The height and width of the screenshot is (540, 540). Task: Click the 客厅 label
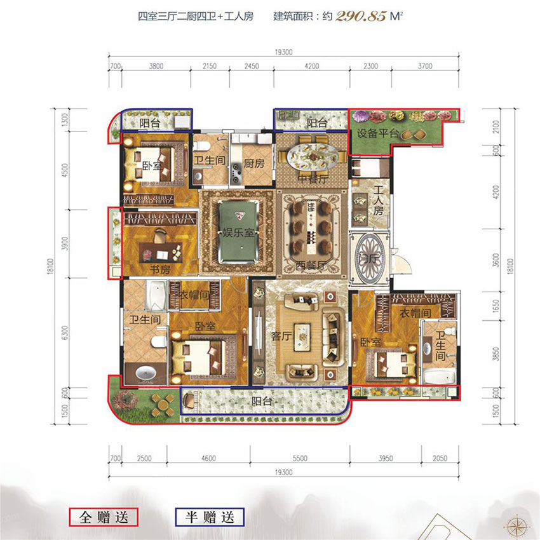(281, 337)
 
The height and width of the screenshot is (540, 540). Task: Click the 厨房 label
(253, 163)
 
